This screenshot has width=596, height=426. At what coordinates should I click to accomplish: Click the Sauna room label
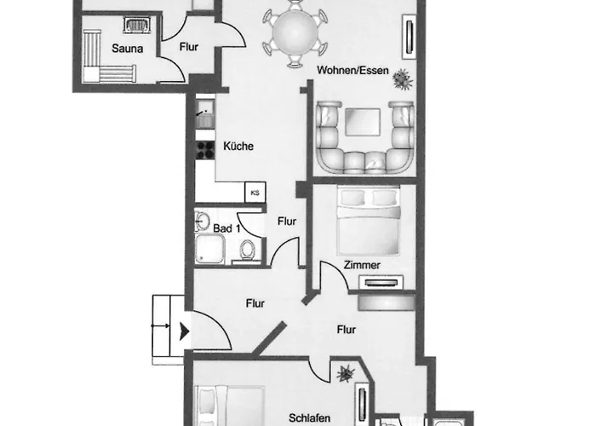click(x=128, y=49)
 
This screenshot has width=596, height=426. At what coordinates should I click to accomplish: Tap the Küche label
click(x=238, y=146)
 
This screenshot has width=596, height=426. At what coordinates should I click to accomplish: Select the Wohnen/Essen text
click(x=352, y=70)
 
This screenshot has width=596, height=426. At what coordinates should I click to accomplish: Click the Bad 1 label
click(x=226, y=228)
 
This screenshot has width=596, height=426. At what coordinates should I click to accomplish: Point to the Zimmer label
click(x=362, y=265)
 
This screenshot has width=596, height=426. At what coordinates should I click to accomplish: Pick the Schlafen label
click(x=309, y=418)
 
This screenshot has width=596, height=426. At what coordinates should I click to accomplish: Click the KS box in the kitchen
click(x=255, y=193)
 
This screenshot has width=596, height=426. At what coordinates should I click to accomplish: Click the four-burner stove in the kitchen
click(x=205, y=149)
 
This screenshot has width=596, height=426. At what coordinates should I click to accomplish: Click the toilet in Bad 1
click(x=247, y=250)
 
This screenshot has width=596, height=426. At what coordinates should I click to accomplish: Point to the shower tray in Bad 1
click(x=209, y=249)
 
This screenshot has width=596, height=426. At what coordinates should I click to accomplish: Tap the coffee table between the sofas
click(x=363, y=122)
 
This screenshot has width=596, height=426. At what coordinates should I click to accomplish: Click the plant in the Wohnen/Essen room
click(x=402, y=79)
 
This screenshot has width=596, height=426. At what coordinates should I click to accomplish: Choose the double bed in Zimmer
click(x=369, y=221)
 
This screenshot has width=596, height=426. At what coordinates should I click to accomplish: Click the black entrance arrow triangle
click(x=185, y=331)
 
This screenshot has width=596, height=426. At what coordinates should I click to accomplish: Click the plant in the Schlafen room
click(x=346, y=373)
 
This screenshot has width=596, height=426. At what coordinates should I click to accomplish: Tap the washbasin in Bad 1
click(x=202, y=220)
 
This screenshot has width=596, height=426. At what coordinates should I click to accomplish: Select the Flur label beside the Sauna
click(x=189, y=47)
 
